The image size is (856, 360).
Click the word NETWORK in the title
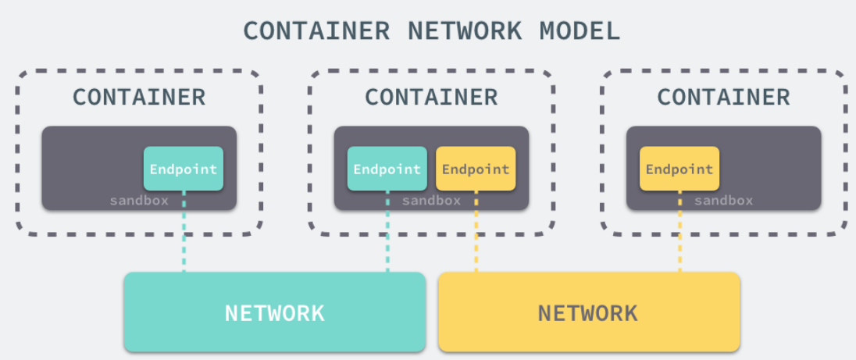466,30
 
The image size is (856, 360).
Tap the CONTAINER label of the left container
139,97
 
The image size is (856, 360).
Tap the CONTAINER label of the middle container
431,97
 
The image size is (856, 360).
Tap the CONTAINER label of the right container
723,97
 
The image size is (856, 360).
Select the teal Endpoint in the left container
184,169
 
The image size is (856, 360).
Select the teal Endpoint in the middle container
387,169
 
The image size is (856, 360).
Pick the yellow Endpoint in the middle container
476,169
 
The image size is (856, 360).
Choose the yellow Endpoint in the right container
679,169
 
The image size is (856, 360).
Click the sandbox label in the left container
139,201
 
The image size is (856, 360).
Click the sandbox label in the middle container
431,201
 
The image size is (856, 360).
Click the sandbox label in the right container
723,201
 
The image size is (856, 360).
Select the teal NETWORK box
275,312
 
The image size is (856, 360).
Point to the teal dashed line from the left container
184,234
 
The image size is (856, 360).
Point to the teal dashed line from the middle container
387,234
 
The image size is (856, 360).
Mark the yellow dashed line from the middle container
476,234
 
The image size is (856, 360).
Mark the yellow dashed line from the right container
679,234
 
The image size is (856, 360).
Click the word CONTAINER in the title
316,30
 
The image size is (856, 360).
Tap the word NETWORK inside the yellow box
588,314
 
